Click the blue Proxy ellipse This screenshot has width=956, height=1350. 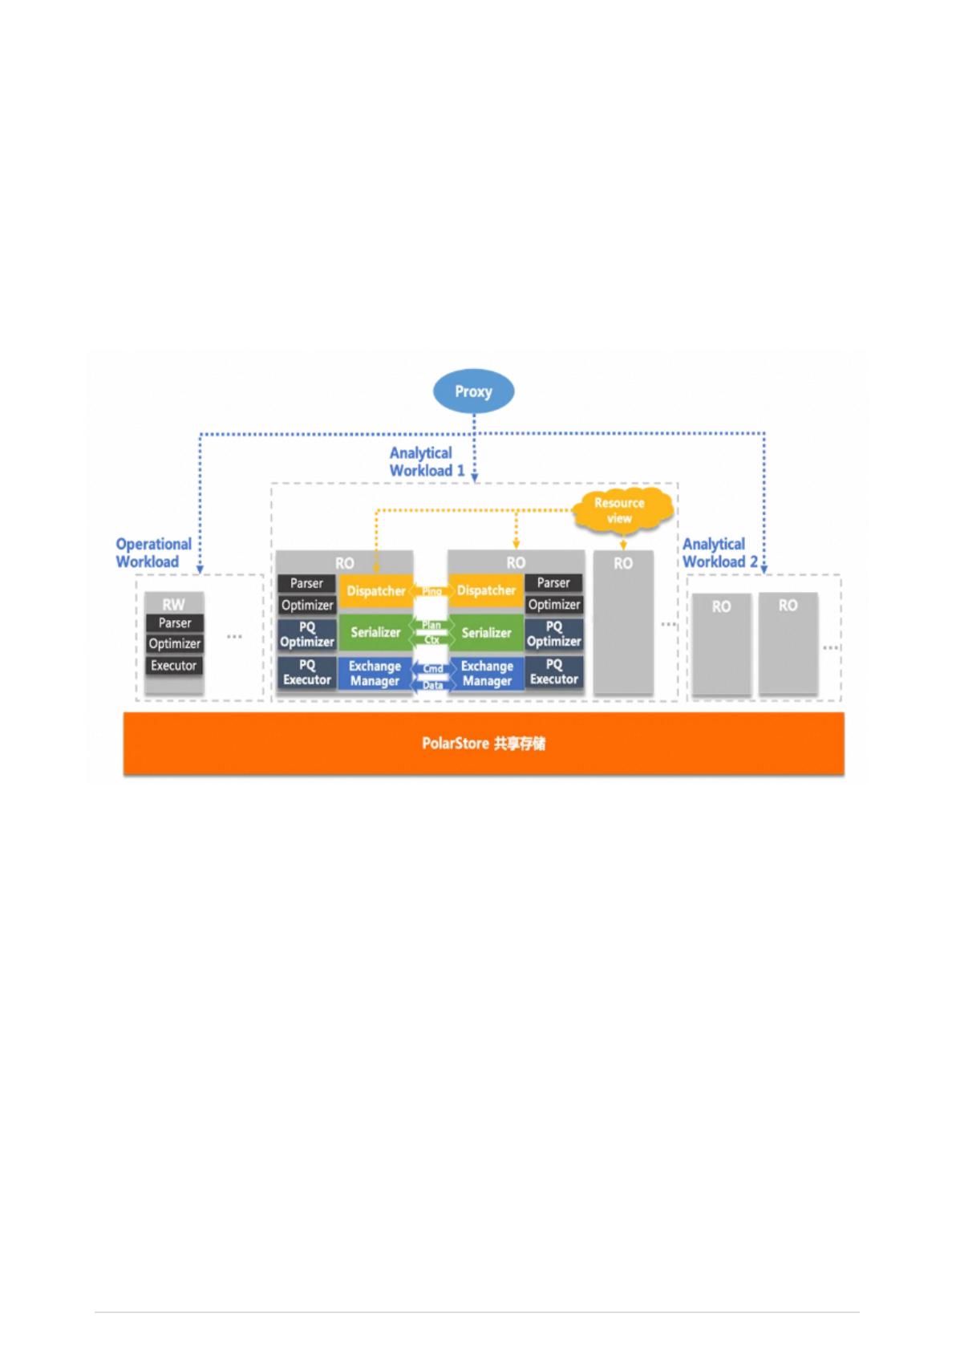473,391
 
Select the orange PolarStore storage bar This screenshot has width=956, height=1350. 483,744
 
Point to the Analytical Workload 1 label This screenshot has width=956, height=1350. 427,462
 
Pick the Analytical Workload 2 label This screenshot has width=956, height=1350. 719,553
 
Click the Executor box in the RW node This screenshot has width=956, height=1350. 174,666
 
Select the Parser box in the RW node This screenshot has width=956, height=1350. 174,623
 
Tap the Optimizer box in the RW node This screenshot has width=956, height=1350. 174,644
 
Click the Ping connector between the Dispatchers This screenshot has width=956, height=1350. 431,591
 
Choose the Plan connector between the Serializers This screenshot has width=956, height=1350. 431,625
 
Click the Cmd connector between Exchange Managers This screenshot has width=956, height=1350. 432,669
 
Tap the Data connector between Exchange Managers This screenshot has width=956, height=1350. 432,685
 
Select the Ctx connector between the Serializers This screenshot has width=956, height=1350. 431,640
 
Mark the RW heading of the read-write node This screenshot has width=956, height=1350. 173,605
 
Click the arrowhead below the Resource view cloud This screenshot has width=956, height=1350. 623,545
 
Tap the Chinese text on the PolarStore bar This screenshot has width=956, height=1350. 519,744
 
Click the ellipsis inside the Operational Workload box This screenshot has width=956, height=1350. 234,636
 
